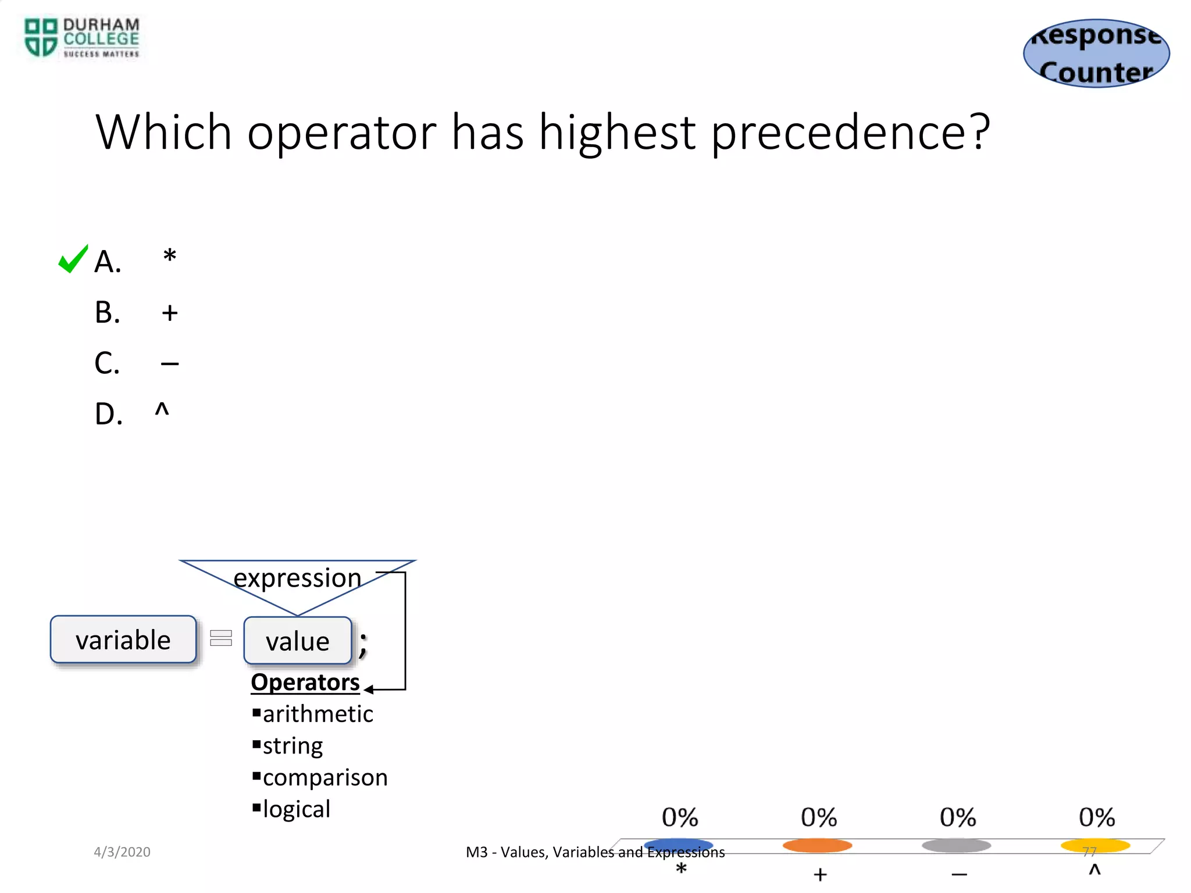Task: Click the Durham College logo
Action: tap(81, 38)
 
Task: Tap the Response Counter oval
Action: tap(1096, 53)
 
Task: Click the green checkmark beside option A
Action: tap(73, 259)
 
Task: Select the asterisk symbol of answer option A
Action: tap(169, 256)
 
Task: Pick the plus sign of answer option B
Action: tap(170, 313)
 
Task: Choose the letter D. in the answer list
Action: tap(109, 415)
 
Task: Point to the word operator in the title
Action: tap(341, 133)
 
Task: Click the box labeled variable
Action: tap(123, 640)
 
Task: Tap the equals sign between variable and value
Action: tap(221, 638)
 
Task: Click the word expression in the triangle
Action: tap(297, 578)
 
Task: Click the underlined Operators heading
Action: tap(305, 682)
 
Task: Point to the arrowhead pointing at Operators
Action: tap(369, 690)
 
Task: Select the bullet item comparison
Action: tap(325, 777)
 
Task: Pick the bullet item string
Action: tap(293, 746)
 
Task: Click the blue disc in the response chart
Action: tap(678, 845)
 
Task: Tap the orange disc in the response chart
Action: tap(817, 845)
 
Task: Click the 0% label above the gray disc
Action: tap(958, 817)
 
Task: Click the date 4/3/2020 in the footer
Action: tap(122, 852)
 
